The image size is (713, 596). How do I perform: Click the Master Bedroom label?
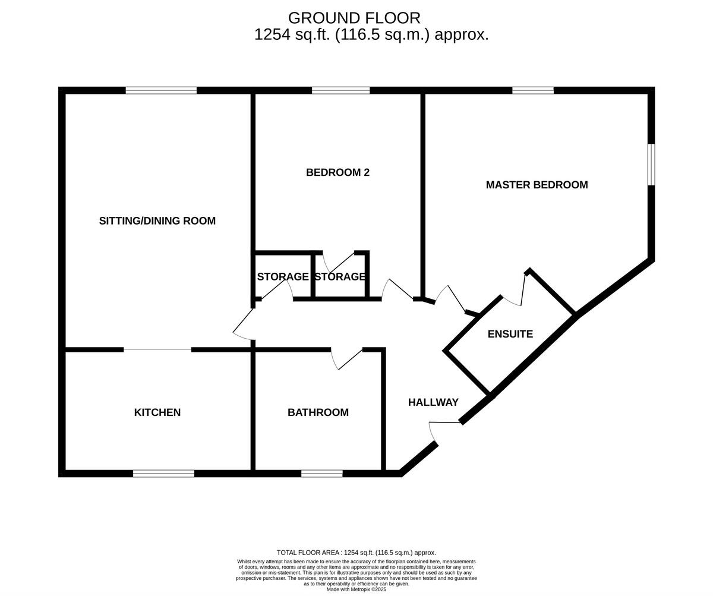click(537, 185)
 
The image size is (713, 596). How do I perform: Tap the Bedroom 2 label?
click(337, 172)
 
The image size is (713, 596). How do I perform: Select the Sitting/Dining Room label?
click(157, 221)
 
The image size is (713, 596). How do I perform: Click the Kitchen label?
click(157, 412)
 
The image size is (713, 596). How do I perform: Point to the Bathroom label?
click(318, 412)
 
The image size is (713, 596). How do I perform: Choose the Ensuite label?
click(510, 334)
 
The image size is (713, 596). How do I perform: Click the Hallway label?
click(433, 402)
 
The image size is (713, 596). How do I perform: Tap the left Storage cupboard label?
click(282, 277)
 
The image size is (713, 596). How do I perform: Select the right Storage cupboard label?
click(340, 277)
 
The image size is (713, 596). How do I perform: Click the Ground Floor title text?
click(354, 18)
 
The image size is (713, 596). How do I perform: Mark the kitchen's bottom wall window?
click(163, 474)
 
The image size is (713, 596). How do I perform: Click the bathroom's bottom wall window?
click(321, 474)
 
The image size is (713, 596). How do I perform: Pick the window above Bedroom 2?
click(340, 90)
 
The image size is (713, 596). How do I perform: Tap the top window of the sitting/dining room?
click(161, 90)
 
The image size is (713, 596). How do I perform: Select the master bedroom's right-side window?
click(651, 165)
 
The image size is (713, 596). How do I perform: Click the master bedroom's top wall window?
click(532, 90)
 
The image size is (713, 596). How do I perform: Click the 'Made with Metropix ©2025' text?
click(356, 589)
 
